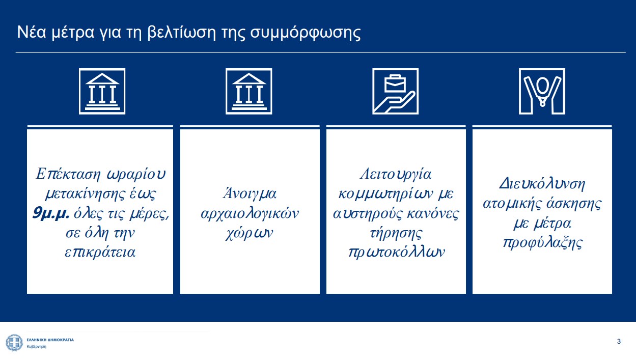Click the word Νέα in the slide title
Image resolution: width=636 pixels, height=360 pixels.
pos(31,32)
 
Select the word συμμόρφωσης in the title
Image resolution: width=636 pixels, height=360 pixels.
pos(306,34)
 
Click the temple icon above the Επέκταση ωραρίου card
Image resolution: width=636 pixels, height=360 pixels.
pos(102,92)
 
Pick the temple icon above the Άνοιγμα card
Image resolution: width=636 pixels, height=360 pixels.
pos(248,92)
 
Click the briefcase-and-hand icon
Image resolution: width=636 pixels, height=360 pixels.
pos(395,92)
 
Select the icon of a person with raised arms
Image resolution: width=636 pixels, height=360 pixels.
pos(542,92)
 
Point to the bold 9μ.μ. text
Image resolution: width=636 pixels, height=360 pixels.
pos(51,213)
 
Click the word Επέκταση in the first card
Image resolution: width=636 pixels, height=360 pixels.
pos(68,174)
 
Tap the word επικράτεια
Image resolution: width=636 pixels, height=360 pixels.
pos(100,253)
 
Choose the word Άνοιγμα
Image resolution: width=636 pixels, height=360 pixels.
pos(250,194)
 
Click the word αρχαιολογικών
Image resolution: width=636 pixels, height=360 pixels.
pos(250,214)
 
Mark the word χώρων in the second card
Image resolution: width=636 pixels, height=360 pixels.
pos(249,233)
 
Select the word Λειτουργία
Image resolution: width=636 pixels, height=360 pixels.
pos(396,174)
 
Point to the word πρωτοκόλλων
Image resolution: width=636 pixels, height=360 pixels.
pos(396,253)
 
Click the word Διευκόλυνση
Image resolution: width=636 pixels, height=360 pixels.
pos(542,184)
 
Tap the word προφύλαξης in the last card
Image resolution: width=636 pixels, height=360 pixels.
pos(542,243)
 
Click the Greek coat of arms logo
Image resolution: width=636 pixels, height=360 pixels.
pos(14,343)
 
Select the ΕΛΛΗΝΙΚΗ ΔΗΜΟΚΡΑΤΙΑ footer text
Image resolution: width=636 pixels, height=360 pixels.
pos(50,340)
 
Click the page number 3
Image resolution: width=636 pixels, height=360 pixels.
pos(619,341)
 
